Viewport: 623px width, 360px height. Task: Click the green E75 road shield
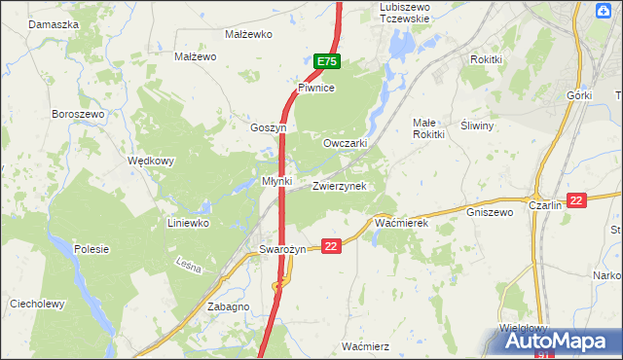coord(327,61)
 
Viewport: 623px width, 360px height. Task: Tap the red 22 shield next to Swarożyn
coord(332,247)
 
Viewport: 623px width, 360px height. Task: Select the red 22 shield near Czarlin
coord(576,200)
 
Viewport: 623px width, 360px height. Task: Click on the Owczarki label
coord(345,143)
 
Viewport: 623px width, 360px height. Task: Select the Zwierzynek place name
coord(339,186)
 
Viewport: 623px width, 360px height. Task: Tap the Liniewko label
coord(188,223)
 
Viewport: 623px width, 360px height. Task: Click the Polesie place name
coord(90,249)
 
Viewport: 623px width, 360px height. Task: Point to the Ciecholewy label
coord(37,304)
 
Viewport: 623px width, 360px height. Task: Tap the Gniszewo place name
coord(489,211)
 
